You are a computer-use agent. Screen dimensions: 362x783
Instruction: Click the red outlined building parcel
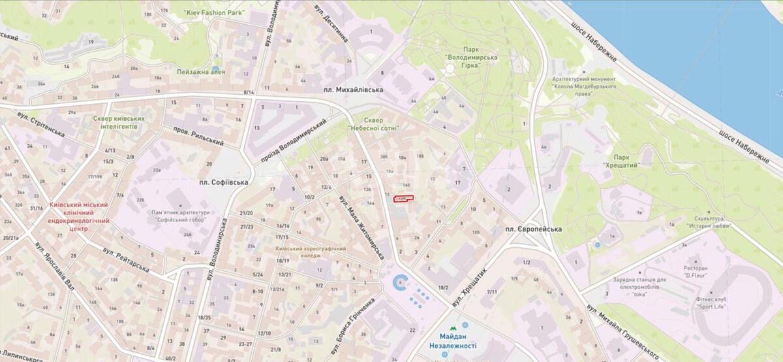[x=403, y=199]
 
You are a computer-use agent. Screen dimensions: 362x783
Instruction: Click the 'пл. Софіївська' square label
[x=224, y=183]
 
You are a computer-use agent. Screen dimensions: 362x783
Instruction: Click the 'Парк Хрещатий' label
[x=625, y=162]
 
